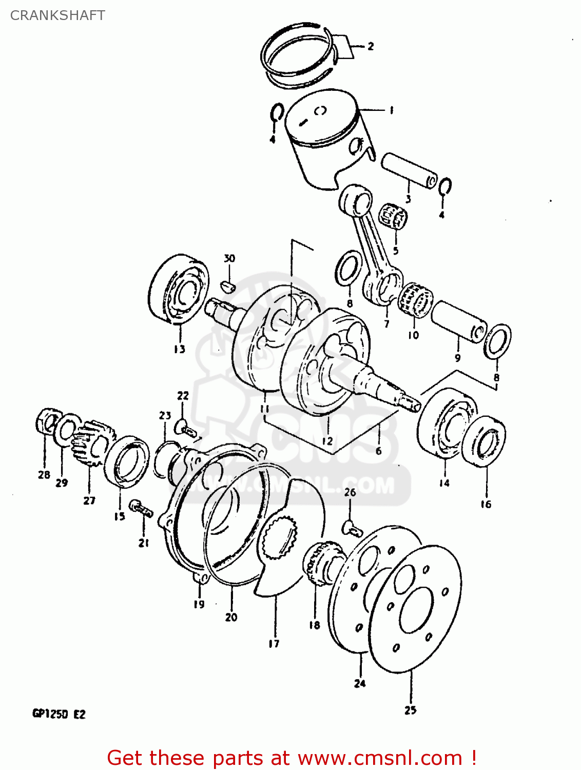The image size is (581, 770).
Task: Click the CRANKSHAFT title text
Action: (x=57, y=15)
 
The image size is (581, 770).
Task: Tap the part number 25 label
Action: (x=410, y=710)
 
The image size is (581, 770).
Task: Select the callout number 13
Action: (x=179, y=349)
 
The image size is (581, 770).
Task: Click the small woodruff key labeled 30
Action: (x=228, y=284)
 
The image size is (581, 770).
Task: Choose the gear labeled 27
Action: (x=92, y=441)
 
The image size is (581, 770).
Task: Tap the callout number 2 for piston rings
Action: (x=371, y=46)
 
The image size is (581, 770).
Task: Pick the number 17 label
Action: (x=274, y=643)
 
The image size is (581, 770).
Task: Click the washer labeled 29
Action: (x=66, y=432)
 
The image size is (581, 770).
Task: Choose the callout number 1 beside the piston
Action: (x=391, y=110)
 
